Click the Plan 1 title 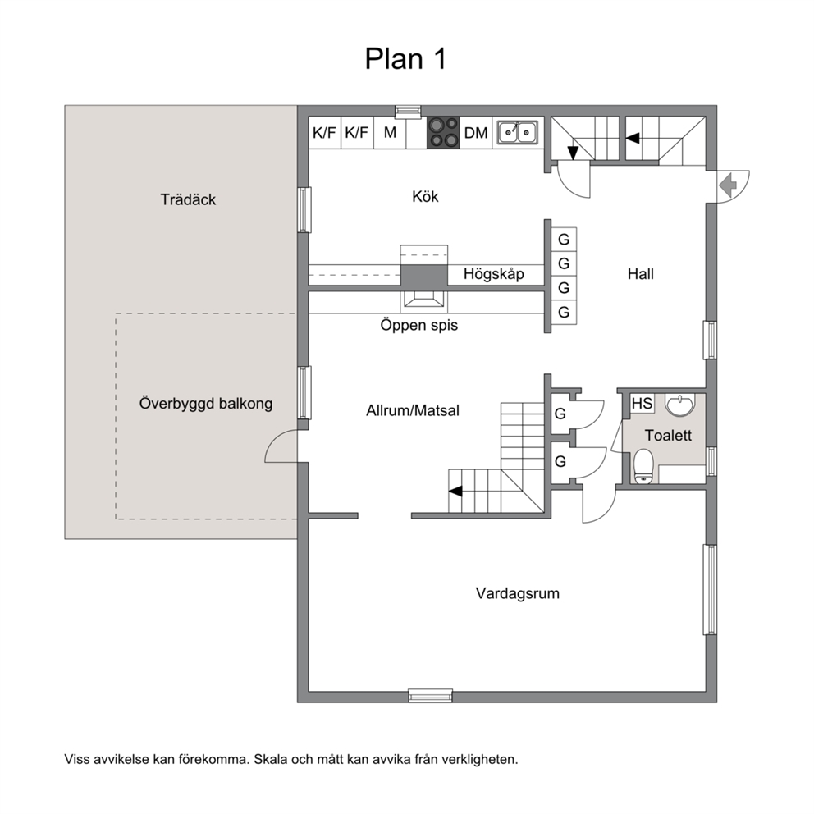click(405, 58)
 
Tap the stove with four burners click(443, 132)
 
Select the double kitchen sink click(518, 132)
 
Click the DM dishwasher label click(476, 133)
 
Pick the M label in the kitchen click(390, 132)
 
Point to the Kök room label click(425, 196)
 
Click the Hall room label click(641, 273)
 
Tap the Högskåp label click(494, 273)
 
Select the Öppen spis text click(419, 325)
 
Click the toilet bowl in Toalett click(643, 466)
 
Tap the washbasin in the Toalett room click(680, 405)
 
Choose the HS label click(643, 403)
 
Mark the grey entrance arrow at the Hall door click(729, 185)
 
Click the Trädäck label click(188, 199)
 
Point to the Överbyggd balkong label click(206, 404)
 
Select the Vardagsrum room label click(518, 593)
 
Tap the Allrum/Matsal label click(413, 410)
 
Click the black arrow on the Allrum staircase click(455, 491)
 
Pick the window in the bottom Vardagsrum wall click(430, 696)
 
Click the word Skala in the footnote click(271, 760)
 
